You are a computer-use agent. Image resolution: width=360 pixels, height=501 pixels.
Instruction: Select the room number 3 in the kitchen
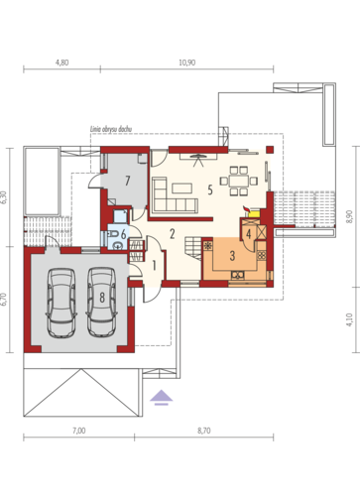[x=231, y=256]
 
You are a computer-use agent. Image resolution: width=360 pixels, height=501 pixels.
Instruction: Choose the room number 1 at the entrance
[x=154, y=265]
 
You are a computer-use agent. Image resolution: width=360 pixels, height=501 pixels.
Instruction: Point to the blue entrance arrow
[x=160, y=398]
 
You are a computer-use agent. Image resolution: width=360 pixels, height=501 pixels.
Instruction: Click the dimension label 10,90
[x=187, y=63]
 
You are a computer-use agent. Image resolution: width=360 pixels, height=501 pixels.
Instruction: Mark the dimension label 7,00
[x=79, y=432]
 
